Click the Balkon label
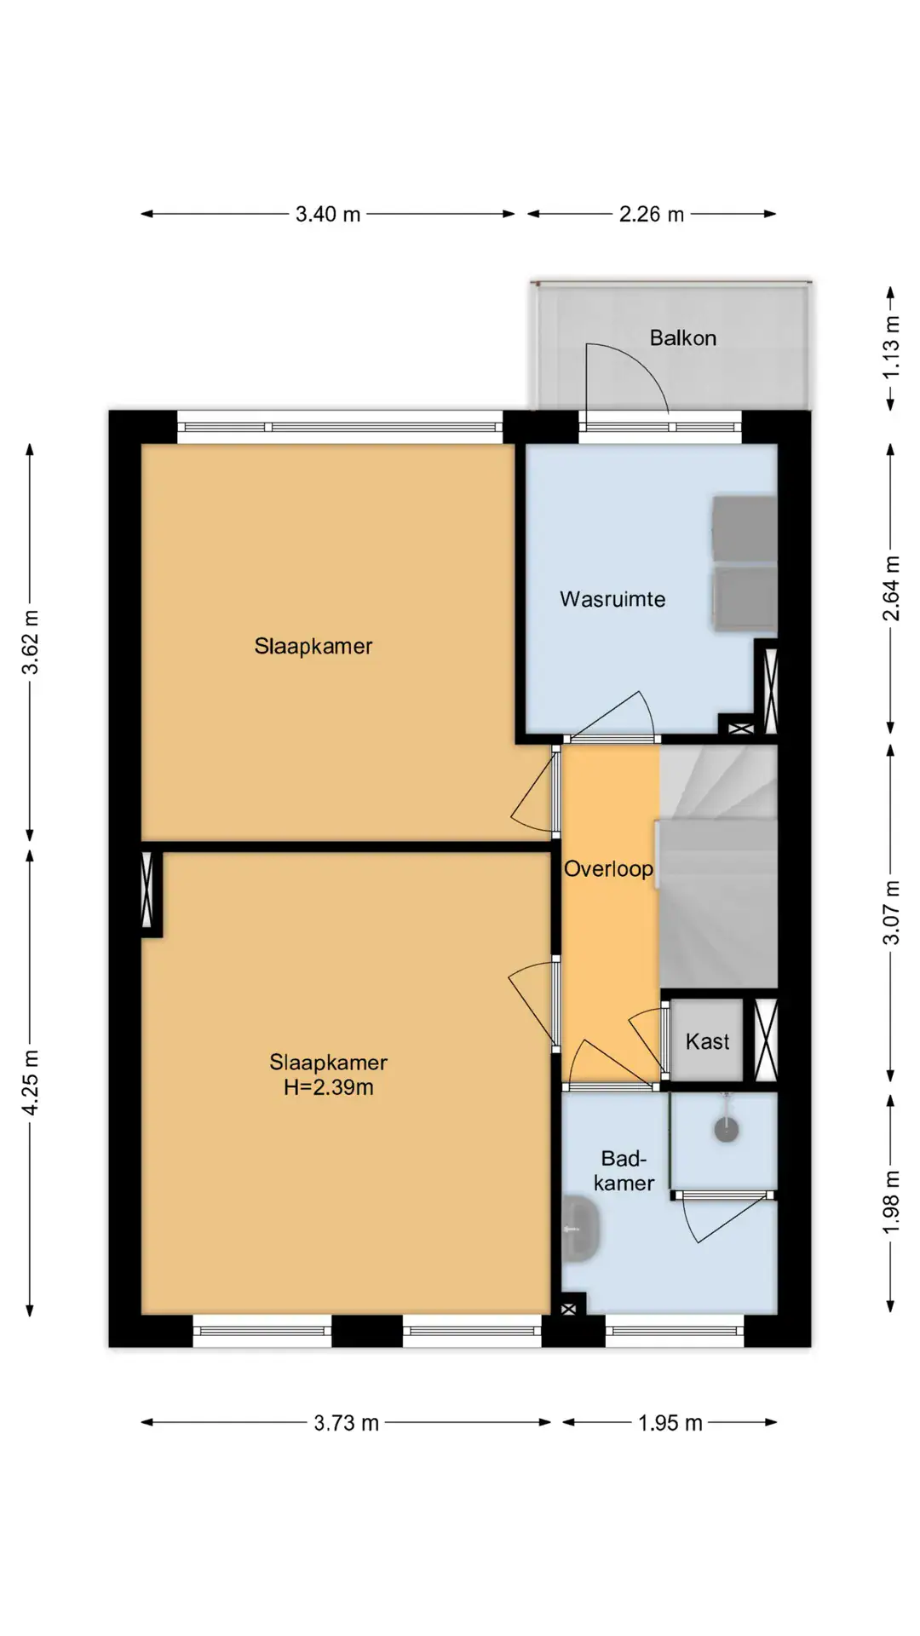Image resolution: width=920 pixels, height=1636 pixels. tap(682, 338)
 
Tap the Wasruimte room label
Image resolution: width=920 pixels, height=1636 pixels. tap(612, 599)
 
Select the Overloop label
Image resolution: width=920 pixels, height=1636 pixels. tap(608, 869)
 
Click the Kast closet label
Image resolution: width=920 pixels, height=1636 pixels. tap(707, 1041)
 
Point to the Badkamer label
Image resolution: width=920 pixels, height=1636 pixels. tap(624, 1171)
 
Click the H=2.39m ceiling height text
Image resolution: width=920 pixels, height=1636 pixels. tap(329, 1087)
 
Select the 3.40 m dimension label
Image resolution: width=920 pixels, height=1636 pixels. tap(328, 214)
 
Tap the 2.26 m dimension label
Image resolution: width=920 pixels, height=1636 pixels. tap(652, 214)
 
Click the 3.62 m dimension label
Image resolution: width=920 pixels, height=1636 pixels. tap(31, 642)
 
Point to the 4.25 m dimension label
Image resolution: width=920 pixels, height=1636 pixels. tap(31, 1082)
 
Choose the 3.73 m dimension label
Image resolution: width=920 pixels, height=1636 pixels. tap(346, 1423)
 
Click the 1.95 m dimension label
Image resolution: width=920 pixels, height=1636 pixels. tap(670, 1423)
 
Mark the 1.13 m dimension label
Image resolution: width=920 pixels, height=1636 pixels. tap(891, 348)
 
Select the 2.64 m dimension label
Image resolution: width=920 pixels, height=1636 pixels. tap(891, 589)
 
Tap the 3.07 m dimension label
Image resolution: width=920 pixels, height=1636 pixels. tap(891, 913)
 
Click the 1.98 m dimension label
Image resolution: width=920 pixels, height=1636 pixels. tap(891, 1202)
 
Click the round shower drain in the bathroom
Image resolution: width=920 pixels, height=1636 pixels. tap(726, 1130)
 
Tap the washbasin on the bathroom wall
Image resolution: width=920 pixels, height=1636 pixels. tap(581, 1229)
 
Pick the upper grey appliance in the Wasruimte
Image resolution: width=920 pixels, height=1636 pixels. tap(745, 528)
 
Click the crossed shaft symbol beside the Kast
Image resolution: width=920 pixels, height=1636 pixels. tap(766, 1040)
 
